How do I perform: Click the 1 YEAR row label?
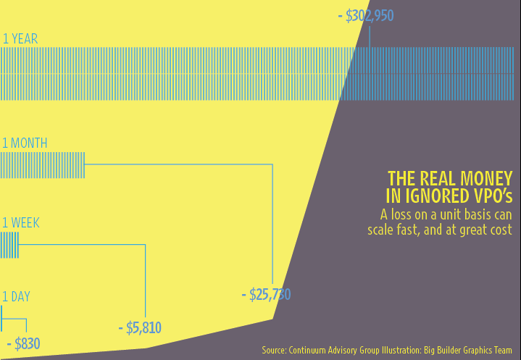pos(20,39)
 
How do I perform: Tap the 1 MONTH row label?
pos(25,143)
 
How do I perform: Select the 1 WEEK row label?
pos(21,223)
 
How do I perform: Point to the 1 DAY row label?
pos(16,296)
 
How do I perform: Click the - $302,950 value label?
pos(366,16)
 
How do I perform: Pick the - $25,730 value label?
pos(266,295)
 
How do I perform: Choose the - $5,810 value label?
pos(139,328)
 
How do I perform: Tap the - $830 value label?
pos(23,344)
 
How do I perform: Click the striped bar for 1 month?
pos(43,165)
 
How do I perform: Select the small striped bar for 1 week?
pos(9,245)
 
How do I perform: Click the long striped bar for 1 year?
pos(260,74)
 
